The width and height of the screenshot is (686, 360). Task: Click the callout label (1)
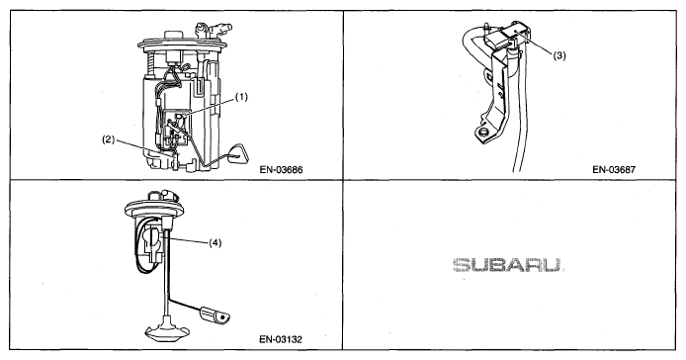click(241, 97)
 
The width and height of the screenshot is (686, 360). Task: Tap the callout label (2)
click(108, 139)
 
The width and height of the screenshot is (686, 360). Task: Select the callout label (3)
click(559, 55)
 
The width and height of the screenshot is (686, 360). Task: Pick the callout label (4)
click(214, 242)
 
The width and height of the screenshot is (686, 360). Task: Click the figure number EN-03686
click(281, 169)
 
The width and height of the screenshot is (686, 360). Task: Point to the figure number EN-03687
click(614, 169)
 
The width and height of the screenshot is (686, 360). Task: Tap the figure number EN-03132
click(281, 339)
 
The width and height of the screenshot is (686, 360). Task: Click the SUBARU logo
click(507, 265)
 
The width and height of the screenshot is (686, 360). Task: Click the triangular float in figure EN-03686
click(236, 152)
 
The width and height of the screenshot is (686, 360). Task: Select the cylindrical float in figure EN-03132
click(214, 315)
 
